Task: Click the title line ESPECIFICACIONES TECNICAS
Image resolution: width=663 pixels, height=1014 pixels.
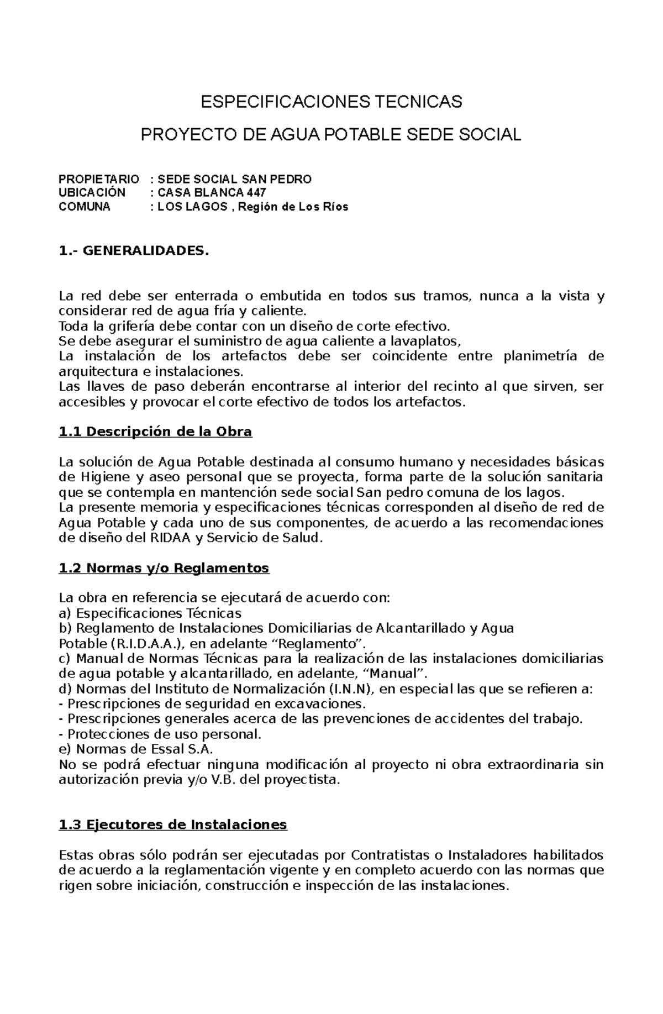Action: click(x=331, y=102)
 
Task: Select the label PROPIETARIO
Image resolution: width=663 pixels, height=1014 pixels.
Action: click(x=99, y=179)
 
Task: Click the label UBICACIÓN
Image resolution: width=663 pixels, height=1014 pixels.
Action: click(x=92, y=193)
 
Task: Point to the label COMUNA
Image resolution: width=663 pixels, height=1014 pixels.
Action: click(x=85, y=207)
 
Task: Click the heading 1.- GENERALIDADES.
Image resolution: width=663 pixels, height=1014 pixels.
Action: click(x=134, y=251)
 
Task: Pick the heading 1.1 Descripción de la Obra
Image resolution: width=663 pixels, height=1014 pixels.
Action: click(x=155, y=432)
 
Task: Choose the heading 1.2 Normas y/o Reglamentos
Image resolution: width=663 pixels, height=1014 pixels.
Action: click(x=164, y=568)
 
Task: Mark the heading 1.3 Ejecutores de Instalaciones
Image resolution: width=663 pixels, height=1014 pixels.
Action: click(x=172, y=825)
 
